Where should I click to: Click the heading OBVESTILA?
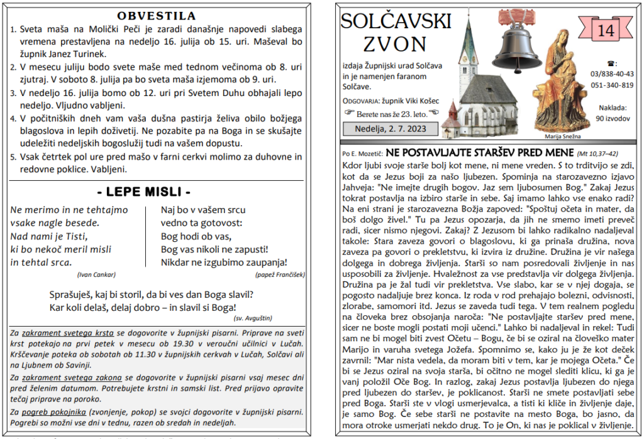tap(157, 15)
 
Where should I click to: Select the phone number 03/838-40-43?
tap(612, 73)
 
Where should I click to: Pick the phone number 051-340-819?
tap(612, 85)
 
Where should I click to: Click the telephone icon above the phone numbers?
tap(611, 63)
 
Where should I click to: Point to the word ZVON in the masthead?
tap(395, 44)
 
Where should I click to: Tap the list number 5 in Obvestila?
tap(14, 157)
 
